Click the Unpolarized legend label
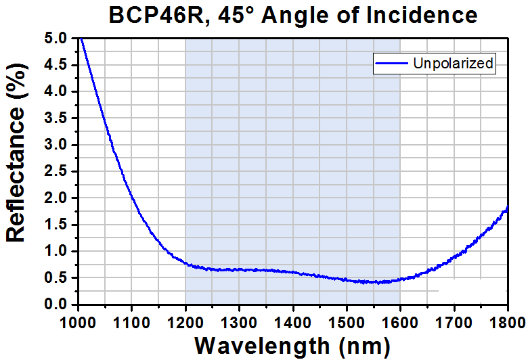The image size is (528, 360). point(454,64)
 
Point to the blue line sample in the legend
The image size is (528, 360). point(392,64)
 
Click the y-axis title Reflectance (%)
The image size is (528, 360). point(16,171)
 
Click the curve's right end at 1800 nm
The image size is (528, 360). point(506,208)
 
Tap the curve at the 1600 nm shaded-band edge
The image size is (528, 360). point(399,279)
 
